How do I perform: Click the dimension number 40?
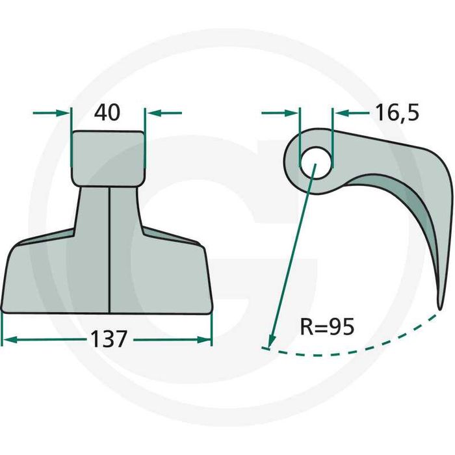pos(107,112)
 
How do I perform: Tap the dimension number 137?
pos(109,339)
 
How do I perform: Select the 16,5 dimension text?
pos(397,113)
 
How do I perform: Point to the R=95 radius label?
pos(327,327)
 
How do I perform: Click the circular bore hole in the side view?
pos(315,162)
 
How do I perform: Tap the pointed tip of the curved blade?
pos(440,309)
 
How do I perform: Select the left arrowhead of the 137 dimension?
pos(9,339)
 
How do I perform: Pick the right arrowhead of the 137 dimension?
pos(204,339)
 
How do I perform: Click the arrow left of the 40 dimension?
pos(51,113)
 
